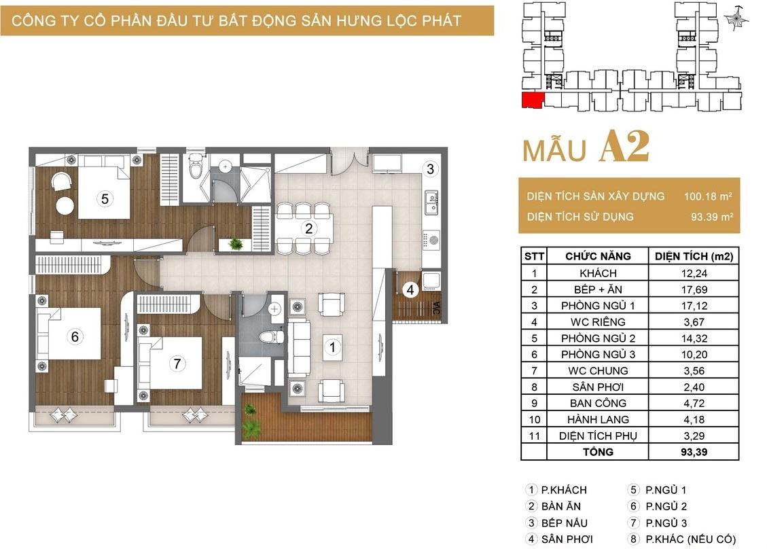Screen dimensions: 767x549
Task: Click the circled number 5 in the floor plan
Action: pyautogui.click(x=105, y=198)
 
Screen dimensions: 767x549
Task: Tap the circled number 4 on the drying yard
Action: pyautogui.click(x=410, y=289)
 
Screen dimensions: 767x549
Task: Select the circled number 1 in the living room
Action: pyautogui.click(x=333, y=347)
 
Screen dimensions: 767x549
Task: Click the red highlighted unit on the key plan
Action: pyautogui.click(x=533, y=100)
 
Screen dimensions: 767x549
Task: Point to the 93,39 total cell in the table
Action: pyautogui.click(x=694, y=452)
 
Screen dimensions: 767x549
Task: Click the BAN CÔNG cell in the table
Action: pyautogui.click(x=598, y=403)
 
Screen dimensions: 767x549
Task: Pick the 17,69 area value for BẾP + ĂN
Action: pyautogui.click(x=694, y=289)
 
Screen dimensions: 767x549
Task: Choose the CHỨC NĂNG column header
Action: pyautogui.click(x=598, y=256)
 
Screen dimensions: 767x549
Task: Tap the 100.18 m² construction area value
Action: pyautogui.click(x=708, y=196)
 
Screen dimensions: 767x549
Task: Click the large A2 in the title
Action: pyautogui.click(x=624, y=146)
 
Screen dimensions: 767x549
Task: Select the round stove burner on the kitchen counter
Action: pyautogui.click(x=433, y=240)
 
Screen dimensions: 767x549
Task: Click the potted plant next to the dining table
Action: pyautogui.click(x=236, y=243)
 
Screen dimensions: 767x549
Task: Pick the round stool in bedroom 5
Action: pyautogui.click(x=65, y=205)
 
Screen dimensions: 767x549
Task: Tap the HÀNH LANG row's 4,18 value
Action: pyautogui.click(x=694, y=419)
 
